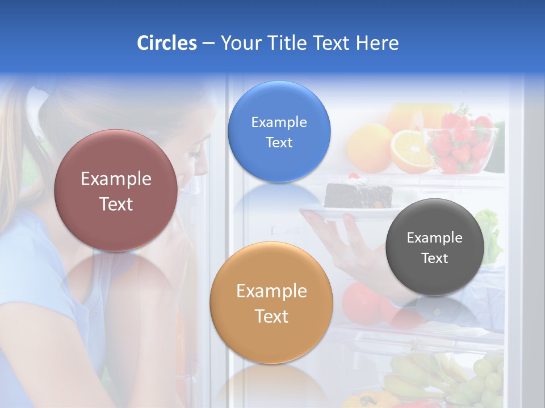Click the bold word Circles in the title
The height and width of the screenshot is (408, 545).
tap(166, 43)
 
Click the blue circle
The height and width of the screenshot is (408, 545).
tap(279, 131)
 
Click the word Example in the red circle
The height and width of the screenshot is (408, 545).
tap(116, 179)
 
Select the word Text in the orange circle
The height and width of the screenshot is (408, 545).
tap(271, 316)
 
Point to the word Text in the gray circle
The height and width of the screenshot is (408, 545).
tap(435, 258)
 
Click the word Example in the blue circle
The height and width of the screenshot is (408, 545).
tap(279, 122)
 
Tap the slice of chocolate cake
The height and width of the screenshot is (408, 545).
tap(358, 194)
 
